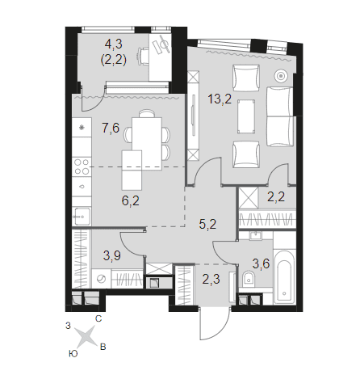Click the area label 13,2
220,99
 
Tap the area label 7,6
111,128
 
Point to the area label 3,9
111,255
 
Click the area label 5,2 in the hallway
207,224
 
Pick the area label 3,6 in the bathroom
261,263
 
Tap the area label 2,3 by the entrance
211,279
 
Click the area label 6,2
131,200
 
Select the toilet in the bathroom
249,279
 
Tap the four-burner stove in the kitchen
82,166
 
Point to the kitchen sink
82,216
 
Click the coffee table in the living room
246,116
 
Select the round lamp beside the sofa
281,76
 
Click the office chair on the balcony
144,56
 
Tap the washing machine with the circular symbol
101,279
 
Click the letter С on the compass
98,319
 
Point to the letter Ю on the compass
73,353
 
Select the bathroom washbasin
254,235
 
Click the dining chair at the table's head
147,113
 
